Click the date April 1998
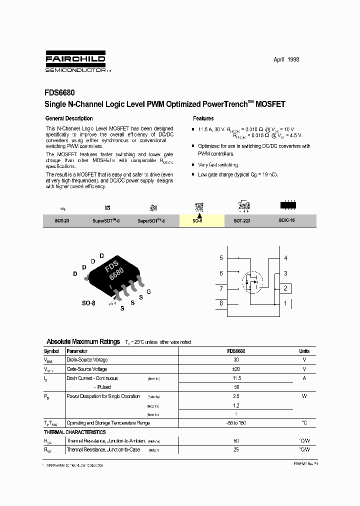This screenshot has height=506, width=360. coord(286,59)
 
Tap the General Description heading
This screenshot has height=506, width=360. coord(69,118)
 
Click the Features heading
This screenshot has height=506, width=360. coord(203,118)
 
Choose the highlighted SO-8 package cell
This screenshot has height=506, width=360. coord(198,220)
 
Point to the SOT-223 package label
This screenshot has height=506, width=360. coord(242,220)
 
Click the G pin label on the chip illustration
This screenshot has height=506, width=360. coord(148,291)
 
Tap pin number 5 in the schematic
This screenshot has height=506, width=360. coord(221,258)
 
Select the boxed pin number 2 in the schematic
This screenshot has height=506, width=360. coord(285,288)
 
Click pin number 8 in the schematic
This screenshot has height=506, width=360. coord(221,303)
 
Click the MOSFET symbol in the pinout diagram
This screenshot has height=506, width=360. coord(252,282)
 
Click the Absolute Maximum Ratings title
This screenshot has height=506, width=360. coord(83,341)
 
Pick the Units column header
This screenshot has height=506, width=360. coord(304,351)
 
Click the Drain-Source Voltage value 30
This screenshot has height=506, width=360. coord(236,360)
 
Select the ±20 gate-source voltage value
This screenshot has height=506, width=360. coord(236,369)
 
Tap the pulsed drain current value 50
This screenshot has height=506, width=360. coord(236,387)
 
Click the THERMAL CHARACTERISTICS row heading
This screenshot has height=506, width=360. coord(74,432)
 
